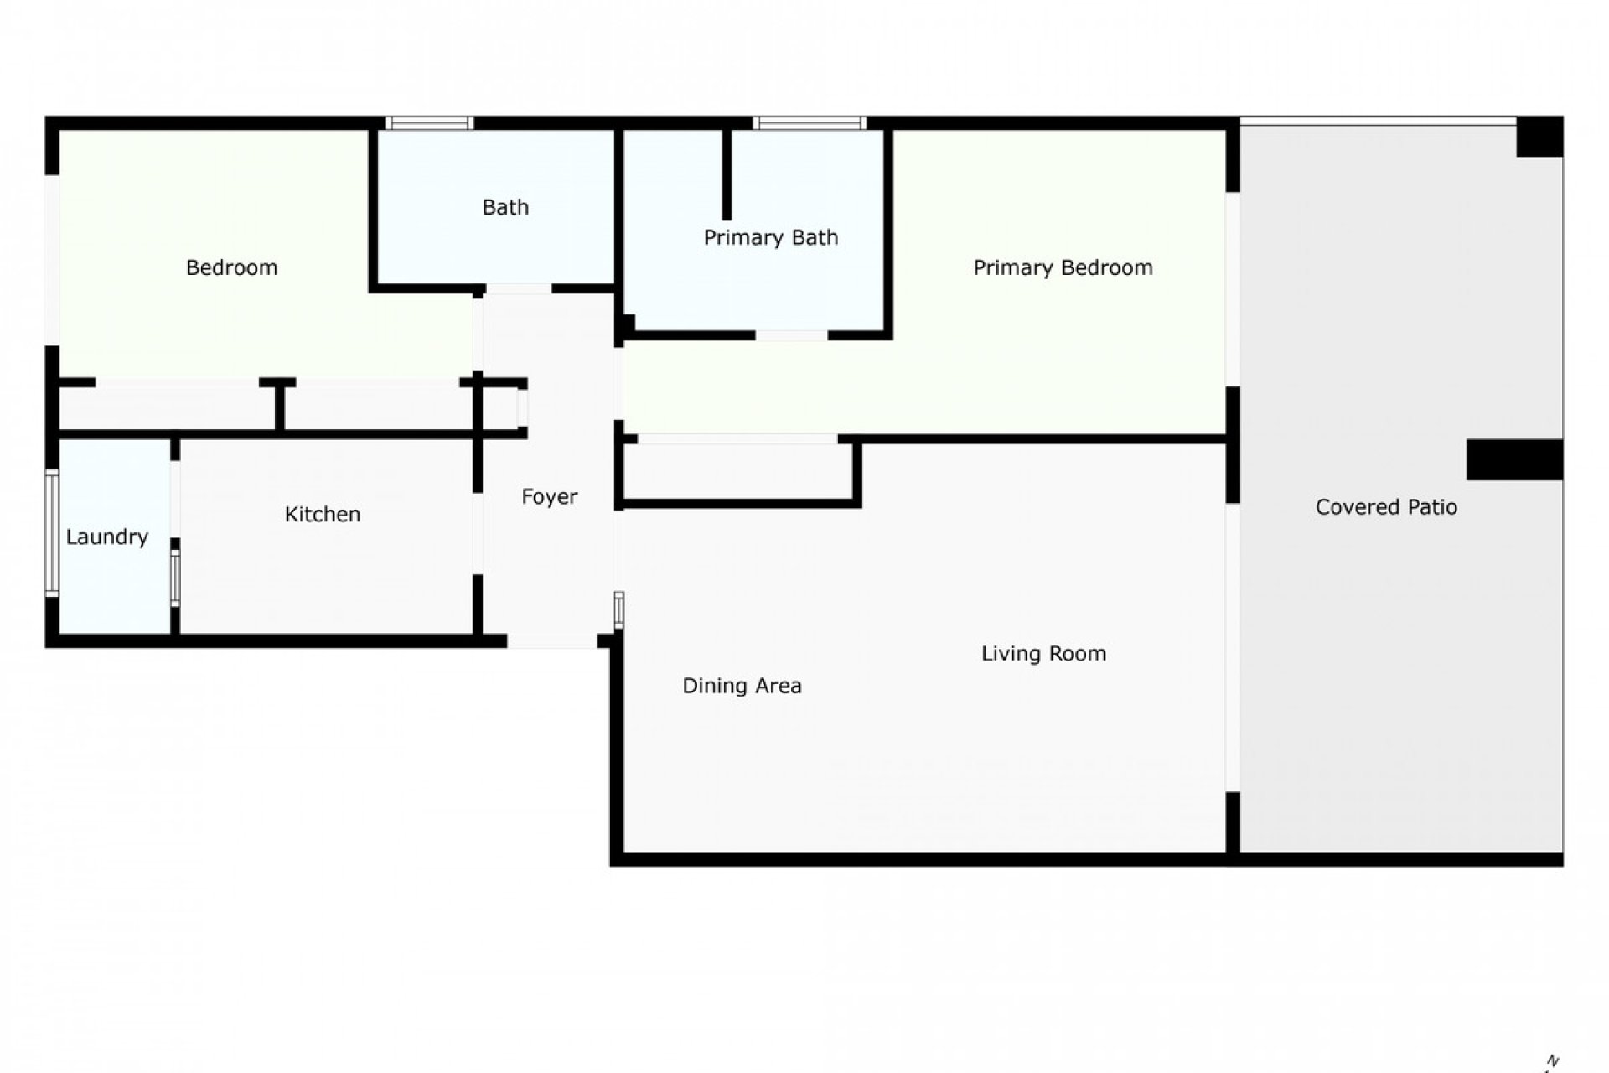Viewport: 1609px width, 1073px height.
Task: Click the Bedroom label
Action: click(231, 267)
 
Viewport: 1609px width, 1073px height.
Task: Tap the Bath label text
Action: click(505, 207)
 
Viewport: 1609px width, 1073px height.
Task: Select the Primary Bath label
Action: click(770, 237)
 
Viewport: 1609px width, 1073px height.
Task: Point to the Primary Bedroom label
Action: click(1062, 267)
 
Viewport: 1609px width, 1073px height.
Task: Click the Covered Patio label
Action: click(1385, 507)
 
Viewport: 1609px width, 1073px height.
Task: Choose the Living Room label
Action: click(1043, 653)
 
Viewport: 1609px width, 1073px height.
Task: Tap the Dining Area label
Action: click(742, 686)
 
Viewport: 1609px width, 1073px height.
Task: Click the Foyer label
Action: click(549, 497)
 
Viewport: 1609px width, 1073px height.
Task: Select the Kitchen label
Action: click(323, 514)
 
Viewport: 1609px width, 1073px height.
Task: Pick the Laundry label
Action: click(106, 536)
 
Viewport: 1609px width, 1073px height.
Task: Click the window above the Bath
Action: click(430, 123)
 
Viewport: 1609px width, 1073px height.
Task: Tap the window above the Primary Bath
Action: click(809, 123)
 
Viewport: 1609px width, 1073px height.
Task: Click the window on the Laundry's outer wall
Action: click(52, 534)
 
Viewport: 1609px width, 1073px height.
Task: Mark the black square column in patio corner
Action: click(1539, 137)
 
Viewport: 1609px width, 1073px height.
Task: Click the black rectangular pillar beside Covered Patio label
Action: click(1513, 459)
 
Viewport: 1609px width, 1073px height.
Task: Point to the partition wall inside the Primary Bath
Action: click(727, 174)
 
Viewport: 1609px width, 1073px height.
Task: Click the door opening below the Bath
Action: click(518, 289)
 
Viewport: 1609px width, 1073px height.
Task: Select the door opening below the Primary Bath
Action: click(791, 335)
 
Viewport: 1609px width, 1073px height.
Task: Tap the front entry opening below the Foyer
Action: click(551, 641)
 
